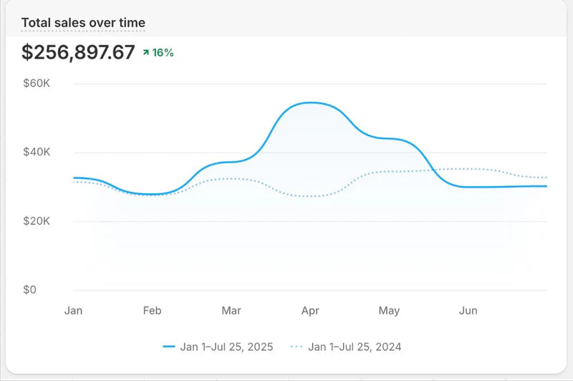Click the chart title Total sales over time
coord(83,23)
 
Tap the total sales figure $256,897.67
coord(78,52)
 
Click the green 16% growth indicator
coord(158,52)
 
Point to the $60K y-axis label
coord(36,84)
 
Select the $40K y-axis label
coord(36,153)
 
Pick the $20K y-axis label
coord(36,221)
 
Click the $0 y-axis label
coord(29,290)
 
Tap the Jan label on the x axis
coord(73,311)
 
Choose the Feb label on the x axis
coord(152,311)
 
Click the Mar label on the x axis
coord(231,311)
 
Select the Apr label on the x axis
coord(310,311)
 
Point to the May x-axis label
coord(389,311)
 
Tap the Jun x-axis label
coord(468,311)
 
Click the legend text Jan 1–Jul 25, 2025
coord(226,347)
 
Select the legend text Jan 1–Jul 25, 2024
coord(355,347)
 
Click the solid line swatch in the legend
coord(169,347)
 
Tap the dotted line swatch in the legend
coord(297,347)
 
